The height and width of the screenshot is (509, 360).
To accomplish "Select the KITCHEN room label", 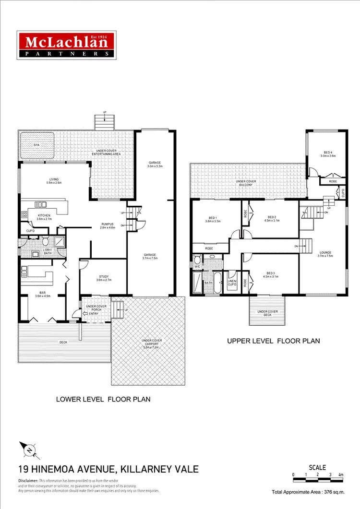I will pyautogui.click(x=44, y=215).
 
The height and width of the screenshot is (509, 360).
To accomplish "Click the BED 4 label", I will pyautogui.click(x=328, y=153).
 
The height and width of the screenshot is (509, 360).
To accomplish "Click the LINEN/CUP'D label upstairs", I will pyautogui.click(x=233, y=283).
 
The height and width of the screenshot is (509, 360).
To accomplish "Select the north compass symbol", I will pyautogui.click(x=29, y=450).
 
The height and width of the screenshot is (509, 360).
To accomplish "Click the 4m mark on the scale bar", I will pyautogui.click(x=341, y=475).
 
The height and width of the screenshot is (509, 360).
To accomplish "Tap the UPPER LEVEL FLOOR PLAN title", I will pyautogui.click(x=273, y=341).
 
